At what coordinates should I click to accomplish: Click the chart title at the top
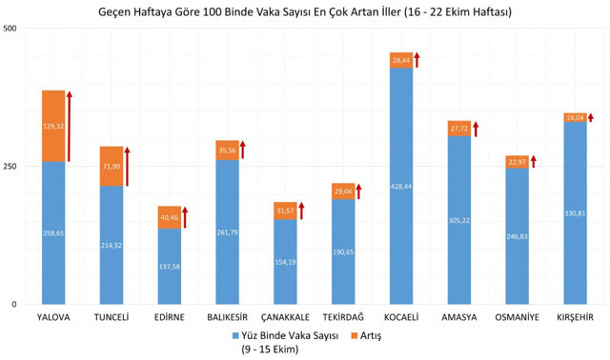305,11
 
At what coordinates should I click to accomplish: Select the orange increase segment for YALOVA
53,126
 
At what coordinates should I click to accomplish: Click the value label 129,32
53,126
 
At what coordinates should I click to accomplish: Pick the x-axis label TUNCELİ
112,317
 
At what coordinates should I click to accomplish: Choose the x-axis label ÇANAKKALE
285,317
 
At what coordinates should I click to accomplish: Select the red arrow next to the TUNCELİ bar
128,166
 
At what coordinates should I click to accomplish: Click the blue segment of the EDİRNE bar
170,267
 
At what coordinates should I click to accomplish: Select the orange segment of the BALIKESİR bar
228,150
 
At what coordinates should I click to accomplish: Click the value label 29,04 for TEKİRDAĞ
343,191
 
